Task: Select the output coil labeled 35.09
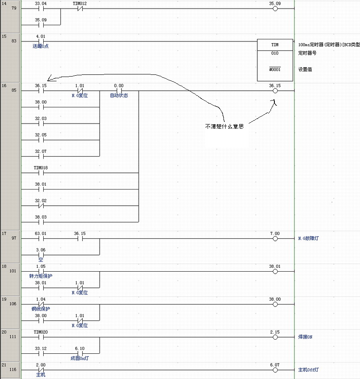pyautogui.click(x=275, y=9)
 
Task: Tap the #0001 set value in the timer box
pyautogui.click(x=274, y=69)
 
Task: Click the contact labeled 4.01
pyautogui.click(x=41, y=41)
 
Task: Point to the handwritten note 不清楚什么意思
pyautogui.click(x=224, y=127)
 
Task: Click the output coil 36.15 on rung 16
pyautogui.click(x=275, y=91)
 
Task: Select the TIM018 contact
pyautogui.click(x=41, y=173)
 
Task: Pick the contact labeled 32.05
pyautogui.click(x=41, y=140)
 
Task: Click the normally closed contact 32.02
pyautogui.click(x=41, y=206)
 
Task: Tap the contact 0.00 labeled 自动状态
pyautogui.click(x=119, y=91)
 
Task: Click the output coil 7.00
pyautogui.click(x=275, y=239)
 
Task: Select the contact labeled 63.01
pyautogui.click(x=41, y=239)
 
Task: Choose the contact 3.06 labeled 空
pyautogui.click(x=41, y=255)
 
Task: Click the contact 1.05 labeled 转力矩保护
pyautogui.click(x=41, y=271)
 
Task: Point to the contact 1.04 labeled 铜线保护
pyautogui.click(x=41, y=304)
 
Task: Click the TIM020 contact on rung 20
pyautogui.click(x=41, y=337)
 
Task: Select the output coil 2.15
pyautogui.click(x=275, y=337)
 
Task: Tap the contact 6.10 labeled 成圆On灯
pyautogui.click(x=79, y=353)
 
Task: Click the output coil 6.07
pyautogui.click(x=275, y=370)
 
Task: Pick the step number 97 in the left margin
pyautogui.click(x=14, y=239)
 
